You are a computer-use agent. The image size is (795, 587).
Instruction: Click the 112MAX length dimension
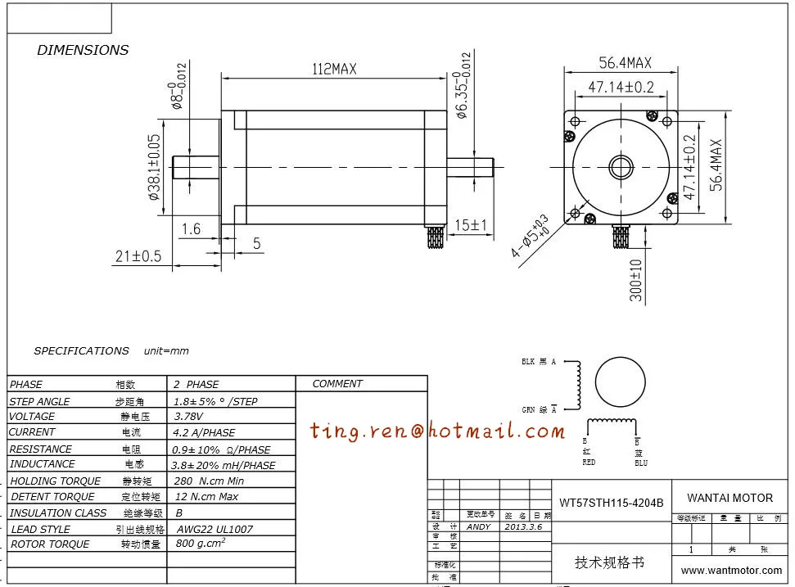pyautogui.click(x=332, y=70)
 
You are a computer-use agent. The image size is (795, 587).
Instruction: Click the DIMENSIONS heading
pyautogui.click(x=83, y=50)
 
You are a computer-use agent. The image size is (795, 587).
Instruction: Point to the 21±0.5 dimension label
pyautogui.click(x=138, y=256)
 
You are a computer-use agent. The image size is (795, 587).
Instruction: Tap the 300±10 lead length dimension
pyautogui.click(x=636, y=280)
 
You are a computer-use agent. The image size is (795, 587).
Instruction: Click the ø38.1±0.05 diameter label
pyautogui.click(x=154, y=167)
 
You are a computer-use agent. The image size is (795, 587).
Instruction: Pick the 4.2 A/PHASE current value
pyautogui.click(x=203, y=432)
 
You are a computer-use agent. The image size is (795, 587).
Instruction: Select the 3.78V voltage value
pyautogui.click(x=191, y=417)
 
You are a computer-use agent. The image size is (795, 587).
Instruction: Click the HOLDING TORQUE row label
pyautogui.click(x=56, y=481)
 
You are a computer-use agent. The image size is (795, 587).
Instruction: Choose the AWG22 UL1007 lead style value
pyautogui.click(x=215, y=529)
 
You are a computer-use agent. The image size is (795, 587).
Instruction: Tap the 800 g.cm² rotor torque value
pyautogui.click(x=201, y=543)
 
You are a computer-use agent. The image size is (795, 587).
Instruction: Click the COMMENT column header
pyautogui.click(x=337, y=384)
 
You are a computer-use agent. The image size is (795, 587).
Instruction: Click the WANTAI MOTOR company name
pyautogui.click(x=730, y=498)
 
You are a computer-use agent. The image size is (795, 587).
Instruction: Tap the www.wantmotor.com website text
pyautogui.click(x=731, y=571)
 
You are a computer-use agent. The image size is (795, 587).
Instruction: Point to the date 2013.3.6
pyautogui.click(x=523, y=527)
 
